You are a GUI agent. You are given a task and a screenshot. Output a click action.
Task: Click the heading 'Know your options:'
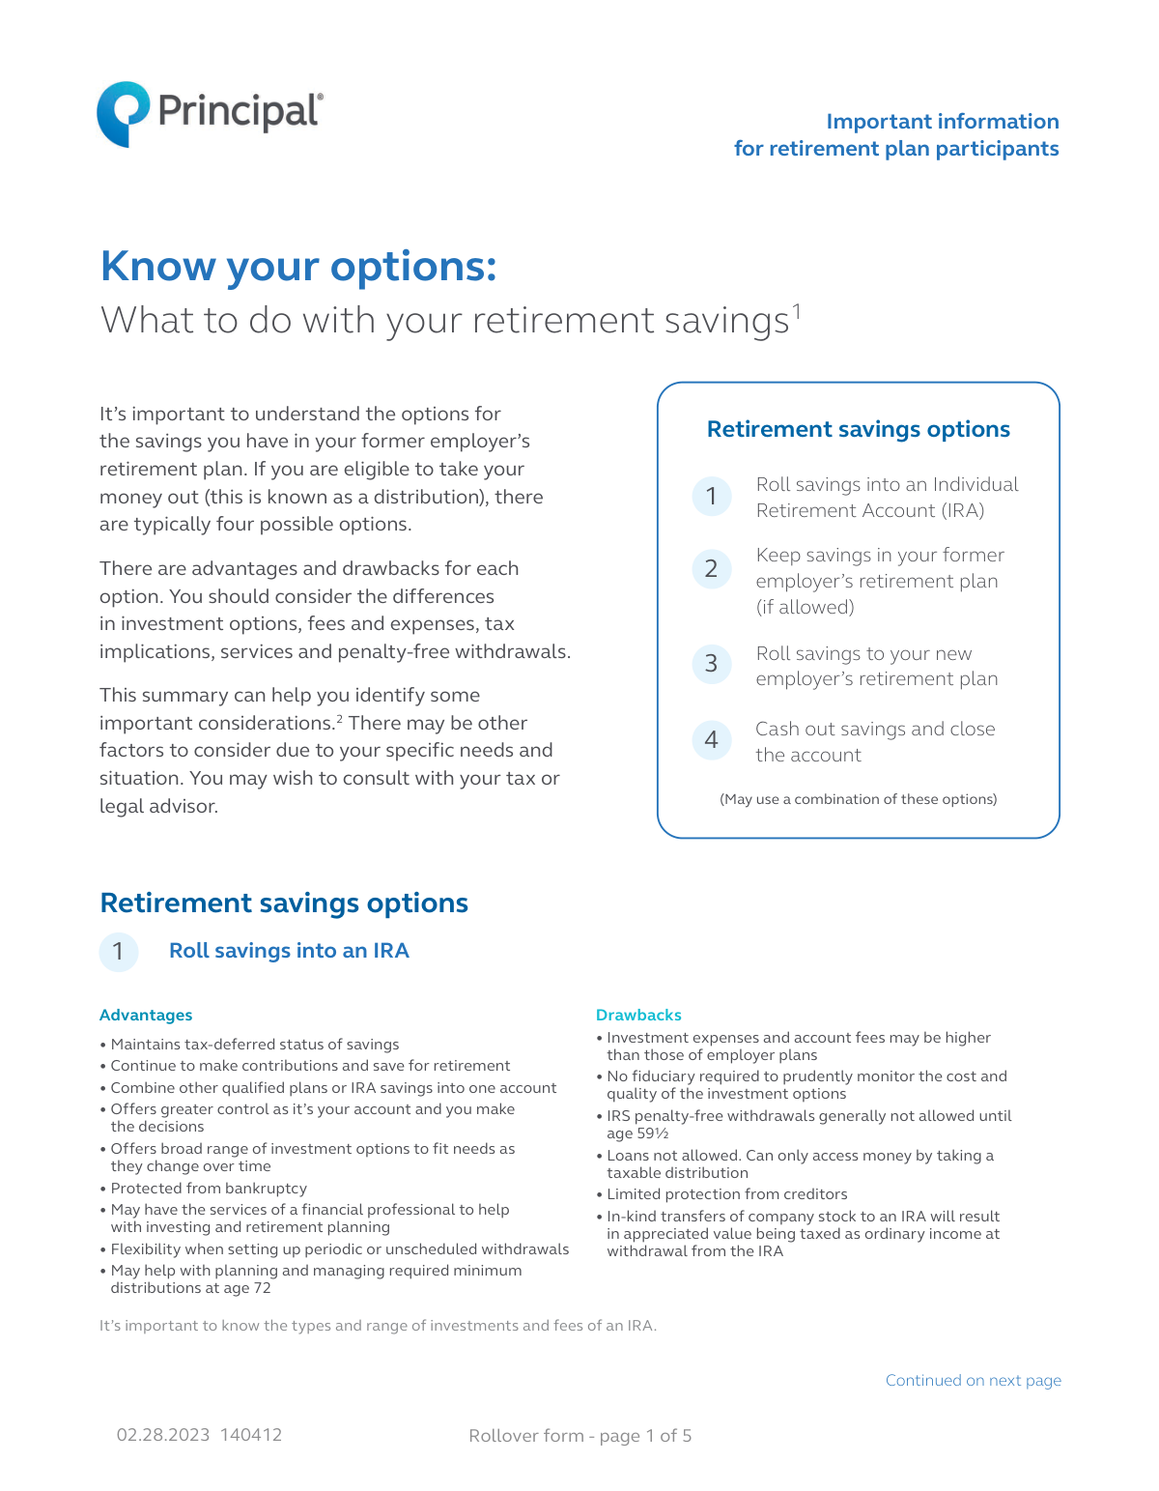coord(298,267)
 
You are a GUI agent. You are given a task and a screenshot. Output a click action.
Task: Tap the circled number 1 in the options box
coord(712,497)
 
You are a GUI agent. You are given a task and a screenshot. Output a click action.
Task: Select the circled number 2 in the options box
coord(712,568)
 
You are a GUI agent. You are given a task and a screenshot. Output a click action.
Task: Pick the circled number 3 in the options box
coord(712,664)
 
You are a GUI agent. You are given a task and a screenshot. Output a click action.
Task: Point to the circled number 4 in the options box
coord(712,740)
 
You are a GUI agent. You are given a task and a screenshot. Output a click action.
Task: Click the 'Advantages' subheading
coord(146,1015)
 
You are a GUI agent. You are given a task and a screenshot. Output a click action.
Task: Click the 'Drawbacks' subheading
coord(638,1015)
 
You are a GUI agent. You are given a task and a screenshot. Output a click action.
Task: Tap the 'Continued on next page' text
coord(973,1380)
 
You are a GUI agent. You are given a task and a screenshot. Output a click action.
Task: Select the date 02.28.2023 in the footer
coord(163,1435)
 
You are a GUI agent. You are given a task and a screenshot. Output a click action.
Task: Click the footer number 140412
coord(251,1435)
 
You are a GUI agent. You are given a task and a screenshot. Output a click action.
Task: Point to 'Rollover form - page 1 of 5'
coord(579,1436)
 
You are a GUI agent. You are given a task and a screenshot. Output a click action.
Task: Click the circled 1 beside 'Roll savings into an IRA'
coord(119,952)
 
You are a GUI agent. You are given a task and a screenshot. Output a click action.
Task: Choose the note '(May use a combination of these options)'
coord(858,799)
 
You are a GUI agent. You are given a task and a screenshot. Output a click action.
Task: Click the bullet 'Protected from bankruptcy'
coord(209,1189)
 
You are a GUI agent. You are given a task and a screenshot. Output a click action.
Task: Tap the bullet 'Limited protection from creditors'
coord(726,1194)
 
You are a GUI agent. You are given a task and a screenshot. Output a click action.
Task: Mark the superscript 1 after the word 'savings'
coord(797,309)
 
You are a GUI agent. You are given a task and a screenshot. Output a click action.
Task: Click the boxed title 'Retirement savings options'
coord(858,429)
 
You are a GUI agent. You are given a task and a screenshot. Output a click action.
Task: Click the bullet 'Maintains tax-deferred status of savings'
coord(254,1045)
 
